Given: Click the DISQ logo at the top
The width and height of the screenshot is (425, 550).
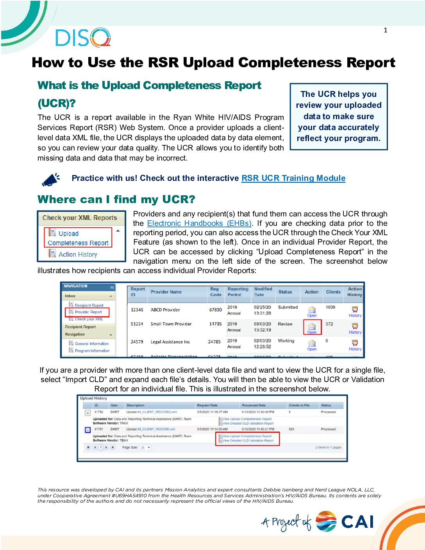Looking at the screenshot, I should pyautogui.click(x=83, y=38).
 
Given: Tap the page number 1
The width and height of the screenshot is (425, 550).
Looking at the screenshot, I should pyautogui.click(x=385, y=30).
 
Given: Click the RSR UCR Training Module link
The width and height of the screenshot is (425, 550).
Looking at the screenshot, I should pyautogui.click(x=293, y=178).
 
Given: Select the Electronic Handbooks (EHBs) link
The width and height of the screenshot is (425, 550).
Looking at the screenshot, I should pyautogui.click(x=199, y=223).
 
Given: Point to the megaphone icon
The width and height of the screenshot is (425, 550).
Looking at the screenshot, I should pyautogui.click(x=51, y=179).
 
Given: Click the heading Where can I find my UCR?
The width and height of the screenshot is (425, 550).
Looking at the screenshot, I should pyautogui.click(x=116, y=200).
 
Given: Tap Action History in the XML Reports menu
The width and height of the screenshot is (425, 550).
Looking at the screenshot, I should pyautogui.click(x=77, y=254).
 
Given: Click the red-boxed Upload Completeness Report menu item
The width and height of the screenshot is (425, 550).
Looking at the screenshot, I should pyautogui.click(x=78, y=238).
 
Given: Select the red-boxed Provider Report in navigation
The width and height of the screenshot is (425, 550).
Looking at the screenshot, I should pyautogui.click(x=88, y=312).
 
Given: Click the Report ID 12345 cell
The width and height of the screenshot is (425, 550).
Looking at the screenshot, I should pyautogui.click(x=137, y=310).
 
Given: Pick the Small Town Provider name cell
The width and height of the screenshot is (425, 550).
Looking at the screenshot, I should pyautogui.click(x=171, y=324).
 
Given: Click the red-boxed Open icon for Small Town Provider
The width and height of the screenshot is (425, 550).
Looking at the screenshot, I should pyautogui.click(x=312, y=327).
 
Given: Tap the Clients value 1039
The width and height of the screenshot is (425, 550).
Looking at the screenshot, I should pyautogui.click(x=330, y=307).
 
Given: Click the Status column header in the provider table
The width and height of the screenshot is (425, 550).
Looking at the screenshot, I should pyautogui.click(x=285, y=292).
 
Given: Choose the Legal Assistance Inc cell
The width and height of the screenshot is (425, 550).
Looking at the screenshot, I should pyautogui.click(x=170, y=342).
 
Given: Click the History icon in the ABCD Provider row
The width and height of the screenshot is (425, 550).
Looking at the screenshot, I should pyautogui.click(x=355, y=311).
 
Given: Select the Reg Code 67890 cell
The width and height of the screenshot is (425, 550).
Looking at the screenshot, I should pyautogui.click(x=215, y=310).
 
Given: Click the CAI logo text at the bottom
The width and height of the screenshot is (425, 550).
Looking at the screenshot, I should pyautogui.click(x=357, y=522).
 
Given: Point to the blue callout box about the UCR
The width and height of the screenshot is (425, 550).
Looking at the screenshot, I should pyautogui.click(x=338, y=116).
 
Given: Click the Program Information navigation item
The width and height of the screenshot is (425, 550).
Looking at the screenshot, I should pyautogui.click(x=92, y=351).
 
